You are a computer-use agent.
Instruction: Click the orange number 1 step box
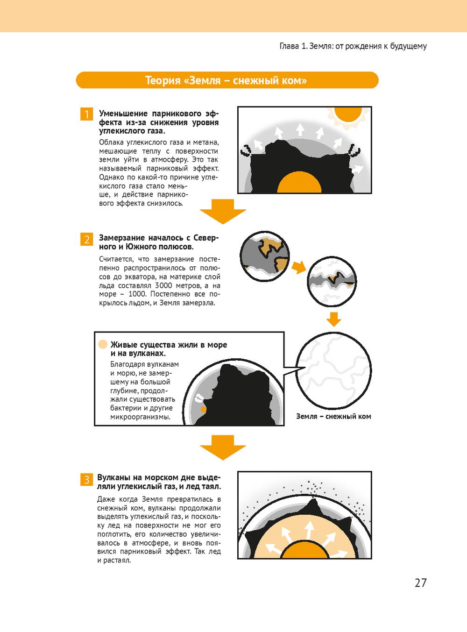pos(86,114)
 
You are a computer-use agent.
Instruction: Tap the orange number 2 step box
pos(86,239)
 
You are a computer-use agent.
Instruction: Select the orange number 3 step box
pos(86,480)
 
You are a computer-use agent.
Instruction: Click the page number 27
pos(421,583)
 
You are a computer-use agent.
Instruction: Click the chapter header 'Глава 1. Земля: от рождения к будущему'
pos(353,46)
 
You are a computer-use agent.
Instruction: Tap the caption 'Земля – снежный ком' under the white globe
pos(333,417)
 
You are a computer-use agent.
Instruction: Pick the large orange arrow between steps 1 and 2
pos(223,212)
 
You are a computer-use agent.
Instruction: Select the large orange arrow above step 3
pos(223,447)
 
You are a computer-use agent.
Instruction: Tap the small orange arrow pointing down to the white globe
pos(333,320)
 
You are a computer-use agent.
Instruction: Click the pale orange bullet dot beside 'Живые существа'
pos(103,344)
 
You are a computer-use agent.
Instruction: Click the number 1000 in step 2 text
pos(137,294)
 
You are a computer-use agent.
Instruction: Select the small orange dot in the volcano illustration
pos(203,410)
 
